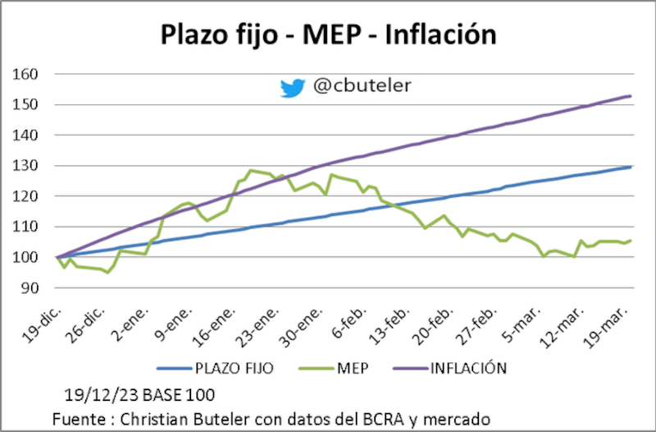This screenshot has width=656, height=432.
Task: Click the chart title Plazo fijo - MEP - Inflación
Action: pos(328,34)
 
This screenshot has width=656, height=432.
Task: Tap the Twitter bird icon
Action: pos(292,87)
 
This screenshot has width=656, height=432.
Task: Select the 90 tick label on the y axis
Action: pos(31,287)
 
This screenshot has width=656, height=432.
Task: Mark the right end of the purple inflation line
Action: pos(630,96)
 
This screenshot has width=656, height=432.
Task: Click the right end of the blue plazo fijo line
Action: pos(630,167)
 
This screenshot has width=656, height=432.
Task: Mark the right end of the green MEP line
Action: pos(630,241)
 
